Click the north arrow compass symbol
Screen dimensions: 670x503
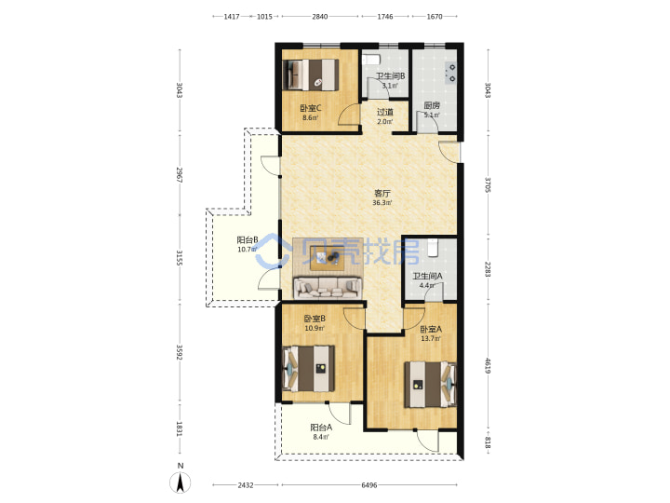tap(181, 483)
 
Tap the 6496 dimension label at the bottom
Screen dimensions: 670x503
tap(369, 485)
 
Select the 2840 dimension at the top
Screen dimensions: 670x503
tap(319, 17)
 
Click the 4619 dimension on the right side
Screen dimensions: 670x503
tap(488, 365)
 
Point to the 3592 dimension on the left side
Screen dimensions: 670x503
tap(180, 353)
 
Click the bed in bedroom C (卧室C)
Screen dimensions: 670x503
tap(311, 75)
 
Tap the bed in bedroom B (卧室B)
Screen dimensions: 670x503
tap(309, 368)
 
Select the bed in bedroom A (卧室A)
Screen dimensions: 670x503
tap(431, 385)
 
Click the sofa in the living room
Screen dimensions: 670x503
tap(328, 288)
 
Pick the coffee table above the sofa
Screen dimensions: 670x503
tap(328, 258)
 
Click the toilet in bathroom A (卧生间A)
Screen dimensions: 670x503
tap(433, 248)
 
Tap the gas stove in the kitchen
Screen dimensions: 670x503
tap(450, 73)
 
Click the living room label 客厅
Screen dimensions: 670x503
tap(382, 194)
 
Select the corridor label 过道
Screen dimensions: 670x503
tap(385, 112)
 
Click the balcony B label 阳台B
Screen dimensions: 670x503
tap(248, 240)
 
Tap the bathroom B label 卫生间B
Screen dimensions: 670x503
tap(391, 76)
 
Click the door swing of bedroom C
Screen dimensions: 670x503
tap(348, 115)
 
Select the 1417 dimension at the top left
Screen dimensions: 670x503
tap(232, 17)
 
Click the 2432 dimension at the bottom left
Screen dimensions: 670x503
tap(246, 485)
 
